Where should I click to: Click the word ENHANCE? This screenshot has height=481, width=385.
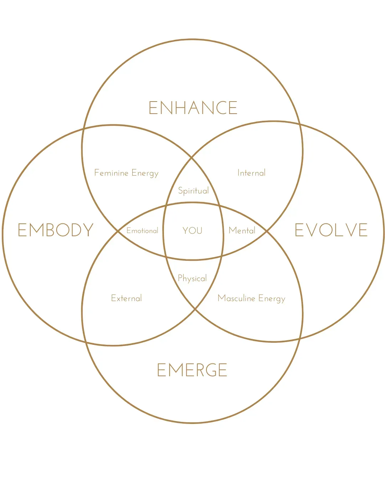click(193, 108)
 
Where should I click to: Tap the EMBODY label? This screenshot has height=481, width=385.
click(56, 230)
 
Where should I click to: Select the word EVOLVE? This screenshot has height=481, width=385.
click(331, 230)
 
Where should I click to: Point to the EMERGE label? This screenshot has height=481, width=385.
click(192, 370)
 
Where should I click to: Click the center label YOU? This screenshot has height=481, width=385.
click(192, 231)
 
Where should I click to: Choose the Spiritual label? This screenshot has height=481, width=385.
click(193, 191)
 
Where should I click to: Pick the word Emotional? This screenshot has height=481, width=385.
click(142, 231)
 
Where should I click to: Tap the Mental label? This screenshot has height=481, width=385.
click(242, 231)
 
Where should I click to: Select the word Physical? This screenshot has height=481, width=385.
click(192, 278)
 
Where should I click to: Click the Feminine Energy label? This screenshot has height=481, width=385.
click(126, 173)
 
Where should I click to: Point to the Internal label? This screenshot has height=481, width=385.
click(251, 173)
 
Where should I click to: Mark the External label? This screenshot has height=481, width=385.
click(126, 298)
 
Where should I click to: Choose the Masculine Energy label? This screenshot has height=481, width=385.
click(251, 299)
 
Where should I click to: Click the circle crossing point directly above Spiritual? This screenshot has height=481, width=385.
click(192, 157)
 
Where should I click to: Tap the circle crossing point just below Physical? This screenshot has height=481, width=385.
click(195, 309)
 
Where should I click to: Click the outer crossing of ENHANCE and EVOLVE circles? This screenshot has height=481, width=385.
click(300, 124)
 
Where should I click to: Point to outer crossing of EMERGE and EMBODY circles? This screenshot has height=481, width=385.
click(86, 342)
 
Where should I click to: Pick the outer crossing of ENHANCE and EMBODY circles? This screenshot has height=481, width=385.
click(84, 128)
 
